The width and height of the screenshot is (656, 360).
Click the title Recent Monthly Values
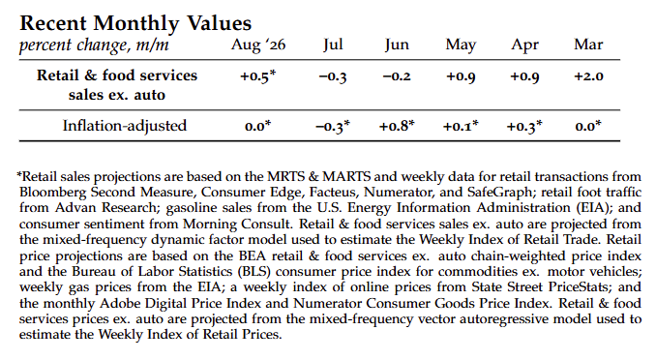tap(135, 23)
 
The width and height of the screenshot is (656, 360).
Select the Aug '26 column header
tap(258, 45)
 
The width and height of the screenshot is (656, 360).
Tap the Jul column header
tap(333, 45)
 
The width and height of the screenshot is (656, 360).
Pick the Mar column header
tap(588, 45)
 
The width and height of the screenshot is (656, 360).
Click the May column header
tap(461, 45)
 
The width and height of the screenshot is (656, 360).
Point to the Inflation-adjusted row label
tap(125, 126)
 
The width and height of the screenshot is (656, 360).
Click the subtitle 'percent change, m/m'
tap(94, 45)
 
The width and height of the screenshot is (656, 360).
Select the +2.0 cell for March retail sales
tap(588, 76)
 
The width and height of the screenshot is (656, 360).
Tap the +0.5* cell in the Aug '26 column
tap(257, 76)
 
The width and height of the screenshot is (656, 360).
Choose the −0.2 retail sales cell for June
tap(397, 76)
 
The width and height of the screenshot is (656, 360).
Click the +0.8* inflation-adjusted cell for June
tap(397, 126)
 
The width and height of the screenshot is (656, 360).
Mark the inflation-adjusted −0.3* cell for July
tap(333, 126)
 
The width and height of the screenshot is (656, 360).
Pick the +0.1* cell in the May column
tap(461, 126)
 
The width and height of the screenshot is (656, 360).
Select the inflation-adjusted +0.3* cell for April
tap(524, 126)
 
